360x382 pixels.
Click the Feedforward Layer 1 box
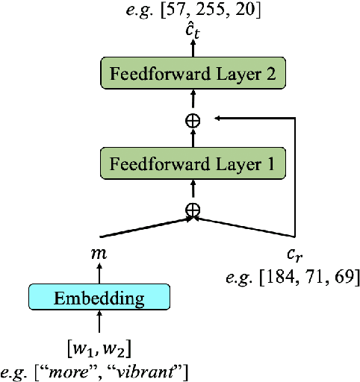193,163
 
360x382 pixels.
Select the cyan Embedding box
99,298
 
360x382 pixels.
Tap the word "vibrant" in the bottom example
161,369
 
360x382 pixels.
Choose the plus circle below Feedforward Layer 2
193,119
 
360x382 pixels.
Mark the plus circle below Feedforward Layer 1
193,210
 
